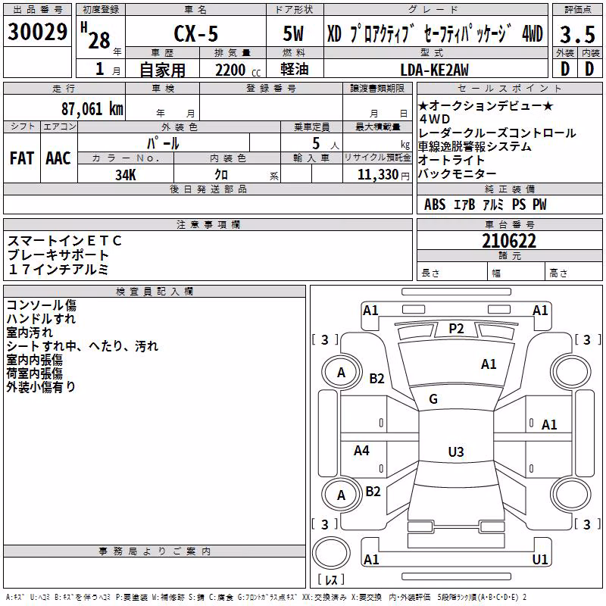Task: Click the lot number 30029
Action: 37,32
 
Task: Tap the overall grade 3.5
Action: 577,35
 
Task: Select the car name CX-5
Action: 196,33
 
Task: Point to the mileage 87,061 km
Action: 92,108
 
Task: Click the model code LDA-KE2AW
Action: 434,70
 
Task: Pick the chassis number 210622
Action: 509,241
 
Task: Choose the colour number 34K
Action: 126,175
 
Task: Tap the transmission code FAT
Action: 22,158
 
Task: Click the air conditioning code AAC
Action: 58,158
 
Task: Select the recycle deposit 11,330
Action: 378,175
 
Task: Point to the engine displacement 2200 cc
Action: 238,70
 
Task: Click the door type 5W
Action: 293,33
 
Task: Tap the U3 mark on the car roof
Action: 456,451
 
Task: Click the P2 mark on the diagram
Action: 456,329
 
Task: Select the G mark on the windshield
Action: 433,399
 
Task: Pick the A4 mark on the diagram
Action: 361,450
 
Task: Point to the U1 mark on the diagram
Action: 540,559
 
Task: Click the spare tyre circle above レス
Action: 331,552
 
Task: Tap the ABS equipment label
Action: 435,205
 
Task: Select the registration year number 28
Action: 99,40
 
